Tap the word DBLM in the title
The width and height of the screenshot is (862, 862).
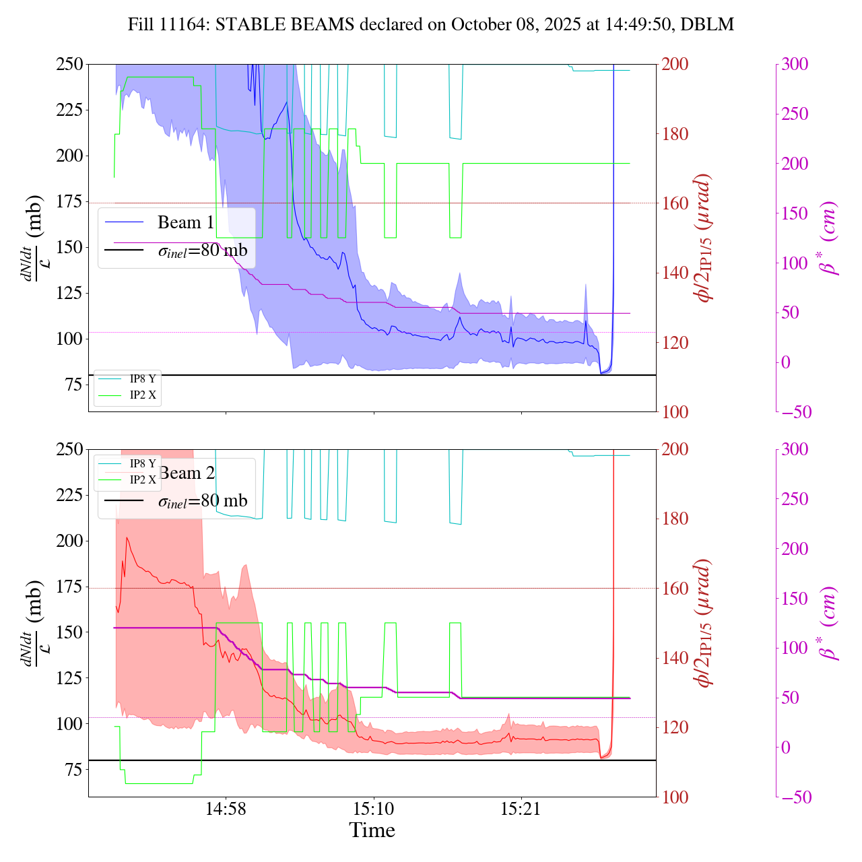click(707, 25)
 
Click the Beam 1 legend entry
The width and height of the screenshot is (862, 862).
click(185, 222)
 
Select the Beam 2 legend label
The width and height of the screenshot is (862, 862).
click(187, 473)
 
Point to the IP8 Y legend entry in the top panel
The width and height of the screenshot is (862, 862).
click(142, 379)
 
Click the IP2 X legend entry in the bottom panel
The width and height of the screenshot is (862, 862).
click(142, 479)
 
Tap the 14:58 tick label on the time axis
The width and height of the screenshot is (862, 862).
click(226, 809)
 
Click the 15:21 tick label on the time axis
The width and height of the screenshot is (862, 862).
click(521, 809)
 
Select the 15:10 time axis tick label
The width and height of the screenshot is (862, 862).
click(374, 809)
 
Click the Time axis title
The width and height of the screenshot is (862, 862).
click(372, 830)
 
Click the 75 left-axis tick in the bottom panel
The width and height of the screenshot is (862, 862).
click(73, 770)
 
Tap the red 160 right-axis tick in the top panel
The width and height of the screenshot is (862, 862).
click(675, 203)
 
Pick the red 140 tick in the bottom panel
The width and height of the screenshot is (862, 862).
click(675, 658)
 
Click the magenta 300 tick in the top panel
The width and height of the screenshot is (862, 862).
click(795, 65)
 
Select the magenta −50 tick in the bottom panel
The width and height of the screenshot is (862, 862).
click(795, 797)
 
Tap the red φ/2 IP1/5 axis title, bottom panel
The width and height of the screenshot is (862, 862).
click(704, 623)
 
